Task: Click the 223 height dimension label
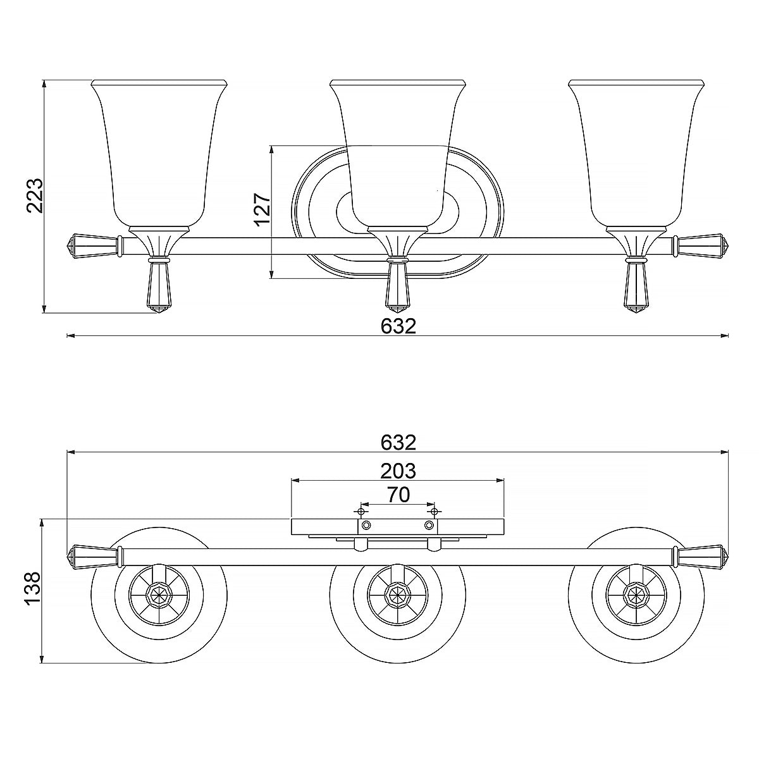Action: [34, 195]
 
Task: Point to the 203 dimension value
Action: [398, 471]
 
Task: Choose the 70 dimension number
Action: [398, 495]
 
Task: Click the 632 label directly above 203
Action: [398, 442]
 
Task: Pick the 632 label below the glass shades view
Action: [398, 326]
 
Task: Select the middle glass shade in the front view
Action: [398, 152]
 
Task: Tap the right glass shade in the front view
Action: [636, 152]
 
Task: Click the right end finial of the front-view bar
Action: [702, 245]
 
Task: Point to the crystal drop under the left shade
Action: [159, 287]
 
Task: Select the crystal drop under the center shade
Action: [397, 287]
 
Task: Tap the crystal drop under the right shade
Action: [636, 287]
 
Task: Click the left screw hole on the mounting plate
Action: [366, 526]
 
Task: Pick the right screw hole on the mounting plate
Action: [429, 526]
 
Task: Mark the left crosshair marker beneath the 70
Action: [361, 511]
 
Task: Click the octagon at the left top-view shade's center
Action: [159, 595]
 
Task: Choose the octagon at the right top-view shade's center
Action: [636, 595]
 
